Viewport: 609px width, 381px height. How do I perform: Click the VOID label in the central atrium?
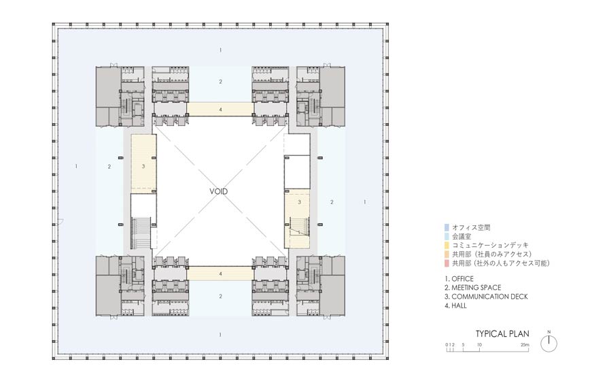[x=219, y=192]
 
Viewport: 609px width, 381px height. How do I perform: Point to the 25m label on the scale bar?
[x=525, y=345]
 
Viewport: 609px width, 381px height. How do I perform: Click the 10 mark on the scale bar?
[x=479, y=345]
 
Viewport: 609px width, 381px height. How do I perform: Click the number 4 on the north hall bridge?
[x=220, y=109]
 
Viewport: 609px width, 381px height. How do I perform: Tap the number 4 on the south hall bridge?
[x=220, y=274]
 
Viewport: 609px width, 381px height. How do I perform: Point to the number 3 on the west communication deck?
[x=143, y=165]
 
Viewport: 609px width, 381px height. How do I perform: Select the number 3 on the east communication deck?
[x=299, y=203]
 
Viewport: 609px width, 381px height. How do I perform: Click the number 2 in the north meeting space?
[x=220, y=82]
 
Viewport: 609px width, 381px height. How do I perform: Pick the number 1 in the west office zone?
[x=77, y=166]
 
